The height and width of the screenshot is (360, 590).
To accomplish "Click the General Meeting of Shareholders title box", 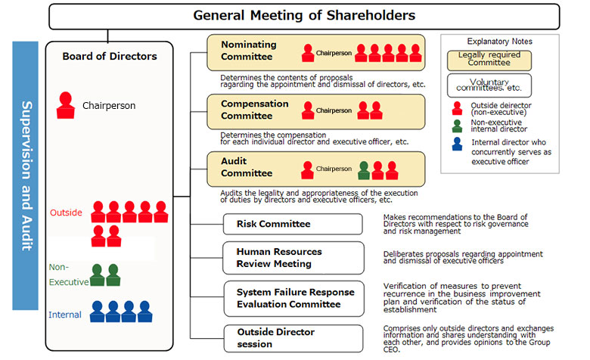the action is pyautogui.click(x=304, y=16).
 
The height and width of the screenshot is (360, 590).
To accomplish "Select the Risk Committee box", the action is pyautogui.click(x=293, y=224).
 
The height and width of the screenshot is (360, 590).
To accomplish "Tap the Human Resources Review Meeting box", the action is pyautogui.click(x=293, y=258).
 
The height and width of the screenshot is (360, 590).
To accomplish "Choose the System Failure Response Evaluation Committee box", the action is pyautogui.click(x=294, y=299).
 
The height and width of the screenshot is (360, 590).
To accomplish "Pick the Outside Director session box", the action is pyautogui.click(x=293, y=339).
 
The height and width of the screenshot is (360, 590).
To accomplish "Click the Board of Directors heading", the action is pyautogui.click(x=110, y=57).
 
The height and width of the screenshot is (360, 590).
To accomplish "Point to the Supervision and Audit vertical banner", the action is pyautogui.click(x=25, y=175).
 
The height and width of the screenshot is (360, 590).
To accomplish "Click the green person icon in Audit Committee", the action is pyautogui.click(x=364, y=170).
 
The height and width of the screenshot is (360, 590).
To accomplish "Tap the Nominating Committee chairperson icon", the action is pyautogui.click(x=308, y=53).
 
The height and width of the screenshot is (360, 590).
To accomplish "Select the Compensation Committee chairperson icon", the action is pyautogui.click(x=308, y=110).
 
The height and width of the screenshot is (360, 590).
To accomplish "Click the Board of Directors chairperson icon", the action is pyautogui.click(x=66, y=105).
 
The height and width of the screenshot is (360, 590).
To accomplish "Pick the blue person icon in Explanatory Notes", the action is pyautogui.click(x=457, y=144).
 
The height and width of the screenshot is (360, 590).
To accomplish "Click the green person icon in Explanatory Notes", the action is pyautogui.click(x=457, y=126).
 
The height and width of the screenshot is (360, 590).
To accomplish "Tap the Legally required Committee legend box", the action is pyautogui.click(x=489, y=61).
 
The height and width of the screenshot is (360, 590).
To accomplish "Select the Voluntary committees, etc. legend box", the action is pyautogui.click(x=489, y=85).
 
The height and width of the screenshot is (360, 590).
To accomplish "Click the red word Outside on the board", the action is pyautogui.click(x=66, y=213).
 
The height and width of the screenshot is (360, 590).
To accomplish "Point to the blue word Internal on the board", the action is pyautogui.click(x=65, y=315).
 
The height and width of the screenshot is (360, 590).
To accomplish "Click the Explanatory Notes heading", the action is pyautogui.click(x=500, y=42).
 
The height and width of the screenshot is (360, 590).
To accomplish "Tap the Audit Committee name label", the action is pyautogui.click(x=247, y=167).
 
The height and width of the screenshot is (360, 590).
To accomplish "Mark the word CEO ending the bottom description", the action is pyautogui.click(x=391, y=349).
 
